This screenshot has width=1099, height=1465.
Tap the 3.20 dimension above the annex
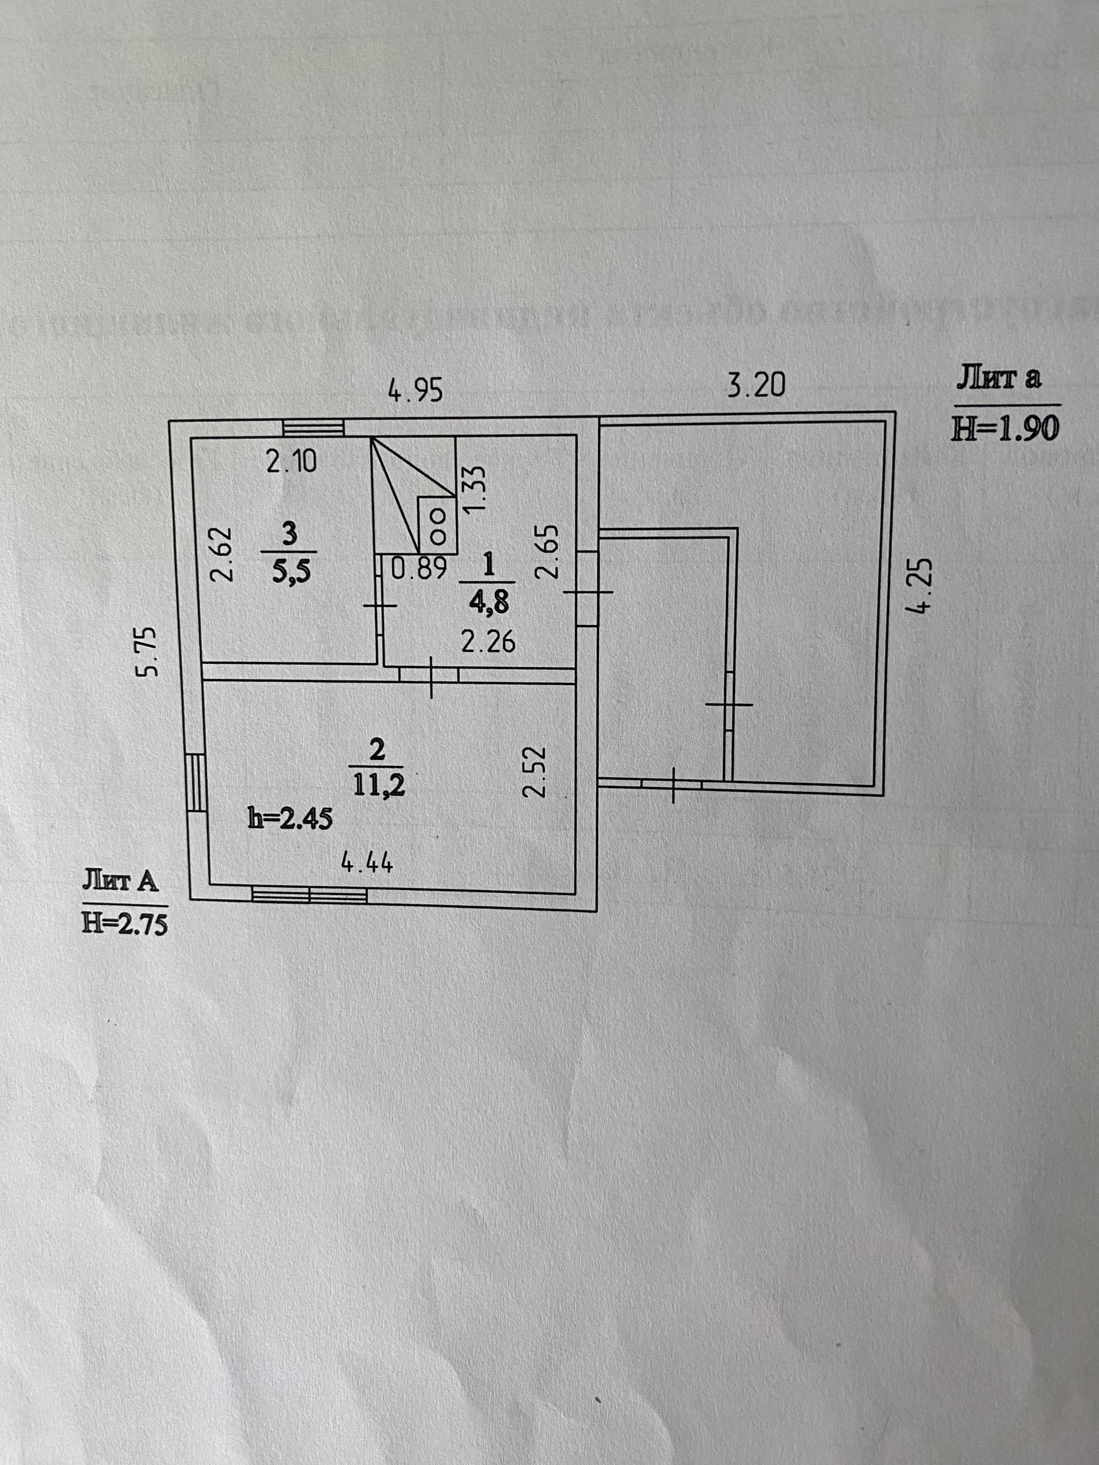756,385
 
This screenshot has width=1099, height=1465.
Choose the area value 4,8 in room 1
488,603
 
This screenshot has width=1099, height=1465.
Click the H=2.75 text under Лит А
125,923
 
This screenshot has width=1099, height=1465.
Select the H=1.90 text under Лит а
1006,429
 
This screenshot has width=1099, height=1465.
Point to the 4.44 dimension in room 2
367,863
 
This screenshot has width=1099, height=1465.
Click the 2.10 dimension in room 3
291,462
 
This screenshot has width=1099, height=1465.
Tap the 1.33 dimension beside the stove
476,488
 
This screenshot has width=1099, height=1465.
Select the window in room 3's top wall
313,428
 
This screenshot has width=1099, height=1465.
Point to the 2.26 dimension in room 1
488,642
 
